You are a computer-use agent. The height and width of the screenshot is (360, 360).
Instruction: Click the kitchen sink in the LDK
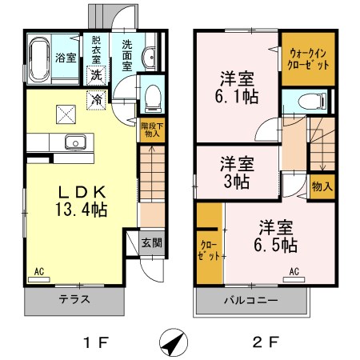77,143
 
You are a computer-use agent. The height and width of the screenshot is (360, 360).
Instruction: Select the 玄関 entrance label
150,242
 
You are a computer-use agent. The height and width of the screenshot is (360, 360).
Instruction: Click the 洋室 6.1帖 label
238,87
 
